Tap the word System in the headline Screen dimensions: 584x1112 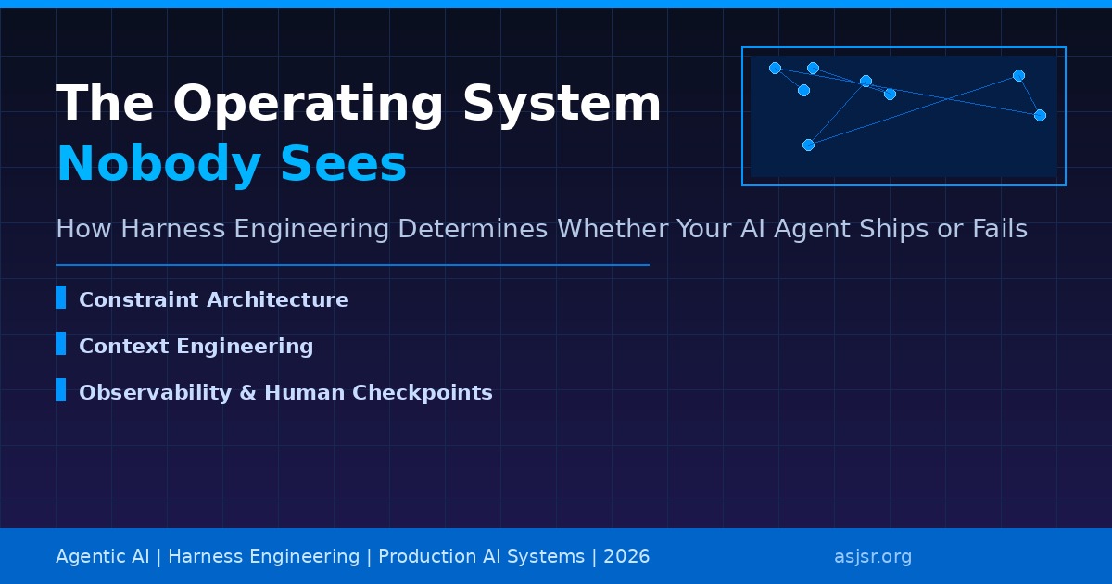[x=562, y=104]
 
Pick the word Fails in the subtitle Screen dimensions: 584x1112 [x=994, y=229]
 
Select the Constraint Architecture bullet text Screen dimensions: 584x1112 [x=213, y=300]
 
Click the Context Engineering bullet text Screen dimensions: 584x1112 [x=196, y=347]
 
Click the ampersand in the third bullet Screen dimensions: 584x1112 [x=247, y=393]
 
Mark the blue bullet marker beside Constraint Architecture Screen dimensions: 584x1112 [x=60, y=298]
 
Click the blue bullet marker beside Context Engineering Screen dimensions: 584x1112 [x=60, y=344]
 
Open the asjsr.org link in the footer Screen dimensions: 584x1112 [x=872, y=557]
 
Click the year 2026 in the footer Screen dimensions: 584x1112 [x=626, y=557]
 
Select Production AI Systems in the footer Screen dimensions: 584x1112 [x=481, y=557]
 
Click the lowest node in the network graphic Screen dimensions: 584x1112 [x=808, y=145]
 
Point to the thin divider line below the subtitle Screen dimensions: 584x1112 [x=352, y=265]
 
